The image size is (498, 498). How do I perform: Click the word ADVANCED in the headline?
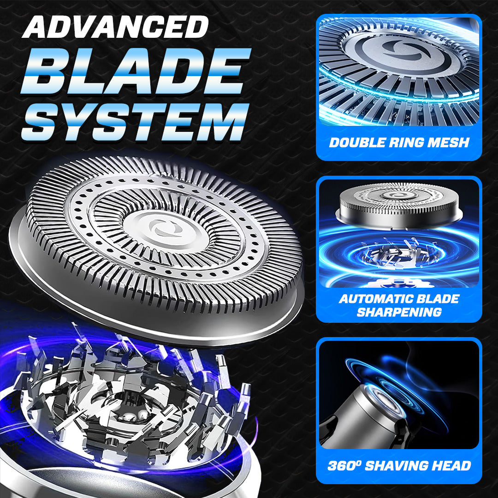[x=115, y=27]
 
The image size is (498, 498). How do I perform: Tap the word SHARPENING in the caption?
[x=399, y=312]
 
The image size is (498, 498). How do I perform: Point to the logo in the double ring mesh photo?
[x=400, y=51]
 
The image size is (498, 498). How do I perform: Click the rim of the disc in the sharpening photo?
[x=399, y=215]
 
